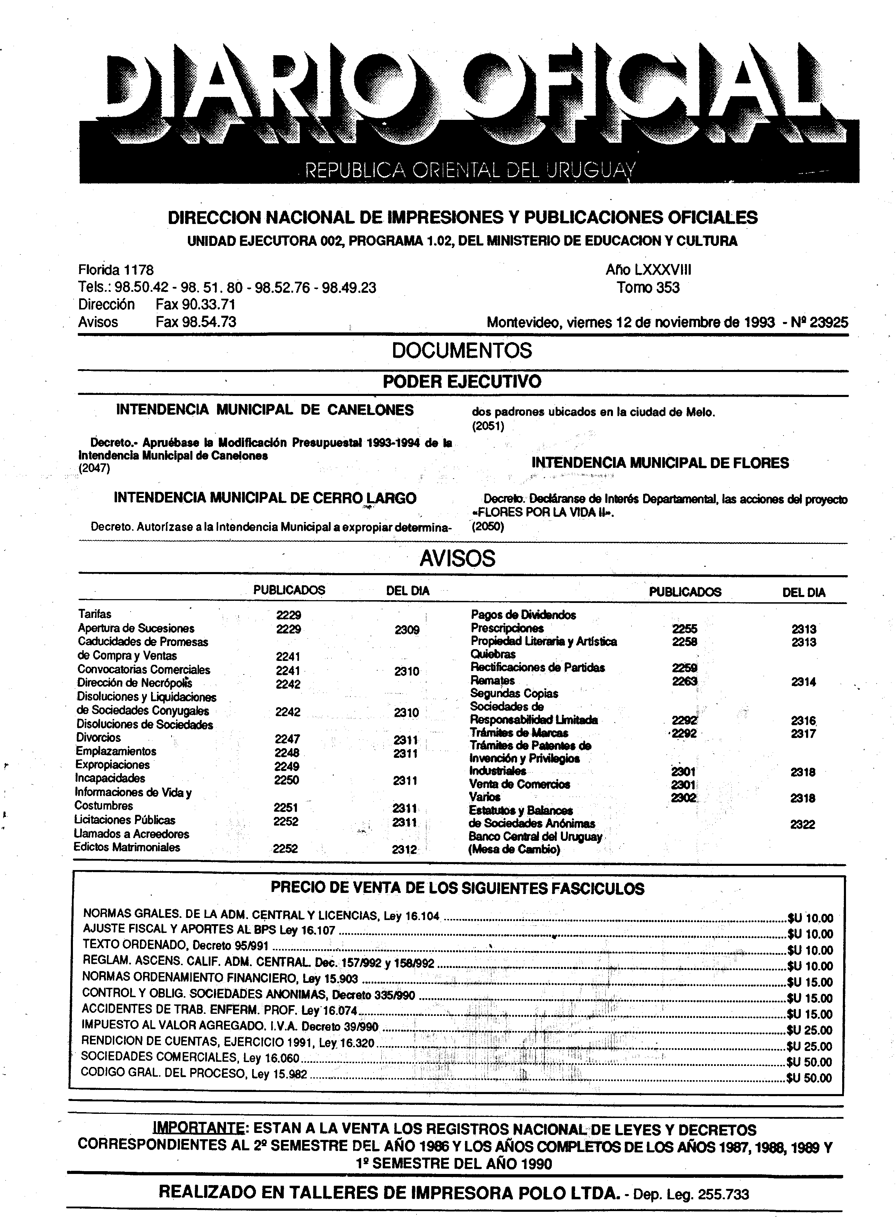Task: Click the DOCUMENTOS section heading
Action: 462,350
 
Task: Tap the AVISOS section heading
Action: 457,558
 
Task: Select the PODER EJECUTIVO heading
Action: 462,381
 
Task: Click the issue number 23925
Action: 828,322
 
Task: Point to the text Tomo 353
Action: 648,288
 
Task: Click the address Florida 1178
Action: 116,270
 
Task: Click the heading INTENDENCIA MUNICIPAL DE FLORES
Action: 660,463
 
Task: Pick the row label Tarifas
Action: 94,614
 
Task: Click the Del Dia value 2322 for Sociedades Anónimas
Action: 802,824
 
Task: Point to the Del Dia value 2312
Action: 405,849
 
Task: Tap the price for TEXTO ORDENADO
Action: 810,950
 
